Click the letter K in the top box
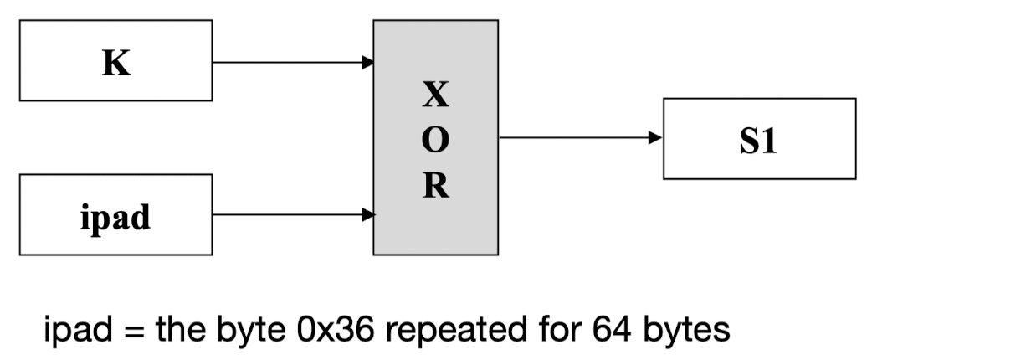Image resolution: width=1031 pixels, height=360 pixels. pos(116,64)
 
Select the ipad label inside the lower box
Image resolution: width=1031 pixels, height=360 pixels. pos(116,217)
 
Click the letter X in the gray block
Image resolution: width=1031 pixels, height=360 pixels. pos(435,96)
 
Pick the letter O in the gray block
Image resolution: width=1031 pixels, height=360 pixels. pos(435,141)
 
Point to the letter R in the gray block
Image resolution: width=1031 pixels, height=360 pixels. pos(435,187)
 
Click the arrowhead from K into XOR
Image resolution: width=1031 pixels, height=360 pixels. pos(367,62)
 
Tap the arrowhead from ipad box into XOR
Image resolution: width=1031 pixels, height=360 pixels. pos(367,215)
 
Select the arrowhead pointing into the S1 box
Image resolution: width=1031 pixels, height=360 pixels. pos(656,138)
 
